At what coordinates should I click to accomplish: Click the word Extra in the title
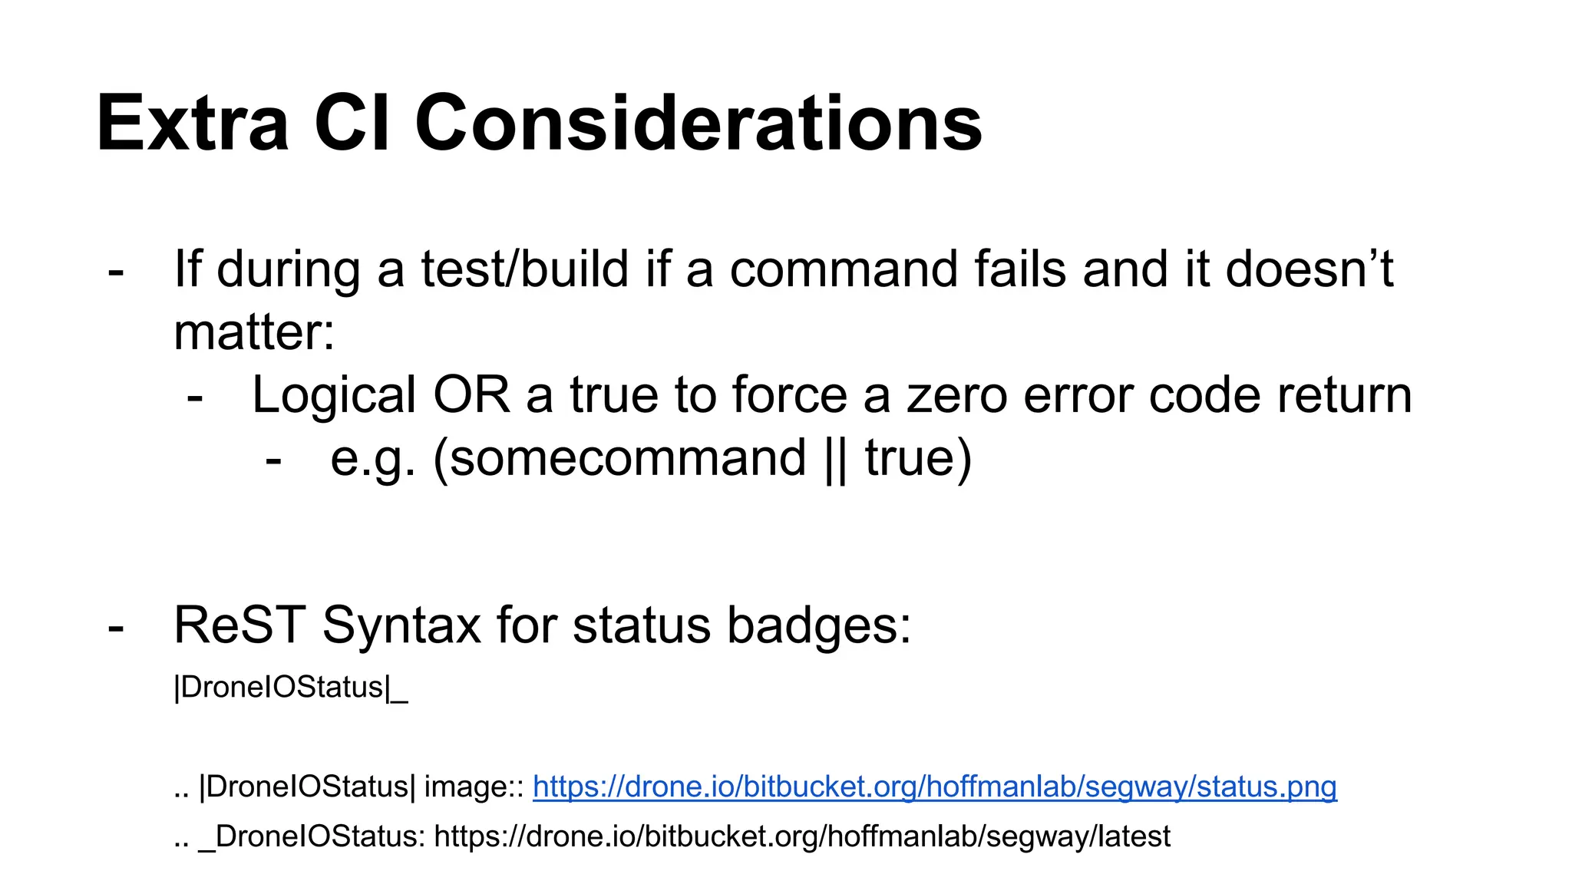click(x=192, y=123)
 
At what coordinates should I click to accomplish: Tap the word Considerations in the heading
click(x=698, y=123)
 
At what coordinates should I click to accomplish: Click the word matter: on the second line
click(x=254, y=333)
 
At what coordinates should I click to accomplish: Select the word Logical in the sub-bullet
click(x=335, y=396)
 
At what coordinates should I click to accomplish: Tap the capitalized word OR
click(x=471, y=396)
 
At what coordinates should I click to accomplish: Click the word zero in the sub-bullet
click(x=956, y=396)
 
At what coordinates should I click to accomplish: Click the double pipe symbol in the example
click(x=835, y=459)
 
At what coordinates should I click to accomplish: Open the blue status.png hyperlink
click(x=934, y=787)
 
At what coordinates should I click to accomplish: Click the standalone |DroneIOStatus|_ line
click(x=291, y=687)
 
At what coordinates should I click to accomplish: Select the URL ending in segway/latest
click(x=802, y=836)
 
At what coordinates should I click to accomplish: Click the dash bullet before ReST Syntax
click(x=116, y=626)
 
